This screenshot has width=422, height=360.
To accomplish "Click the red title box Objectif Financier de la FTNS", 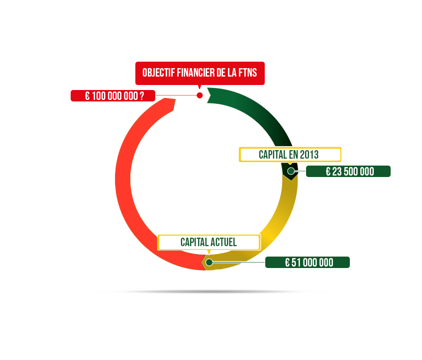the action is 200,73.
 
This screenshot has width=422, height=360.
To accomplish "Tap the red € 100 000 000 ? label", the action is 113,95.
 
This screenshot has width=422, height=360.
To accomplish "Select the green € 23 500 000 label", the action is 348,171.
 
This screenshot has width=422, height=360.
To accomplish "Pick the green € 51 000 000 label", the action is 308,262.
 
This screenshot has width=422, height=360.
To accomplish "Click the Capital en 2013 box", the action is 290,155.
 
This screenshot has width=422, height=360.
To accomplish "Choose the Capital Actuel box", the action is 209,242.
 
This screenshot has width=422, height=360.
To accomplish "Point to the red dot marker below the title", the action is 200,95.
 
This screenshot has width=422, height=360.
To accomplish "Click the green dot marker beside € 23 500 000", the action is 291,171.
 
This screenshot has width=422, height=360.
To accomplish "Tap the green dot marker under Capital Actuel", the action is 209,262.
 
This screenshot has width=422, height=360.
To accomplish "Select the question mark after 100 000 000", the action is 142,96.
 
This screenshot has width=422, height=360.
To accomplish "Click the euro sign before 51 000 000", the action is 287,263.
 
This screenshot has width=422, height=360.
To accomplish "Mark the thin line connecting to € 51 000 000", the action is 239,262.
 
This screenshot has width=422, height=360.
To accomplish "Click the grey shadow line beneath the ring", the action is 211,291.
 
